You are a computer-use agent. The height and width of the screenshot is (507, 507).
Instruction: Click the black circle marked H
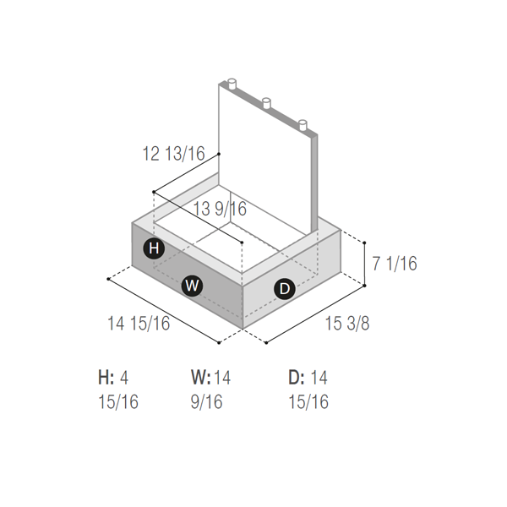(154, 248)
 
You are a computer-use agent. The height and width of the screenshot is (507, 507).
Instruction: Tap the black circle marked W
(192, 286)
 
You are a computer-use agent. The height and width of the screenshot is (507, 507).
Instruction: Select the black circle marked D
(285, 288)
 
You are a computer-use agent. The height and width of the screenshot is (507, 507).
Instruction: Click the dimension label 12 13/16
(173, 153)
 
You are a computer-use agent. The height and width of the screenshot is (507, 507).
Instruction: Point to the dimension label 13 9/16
(220, 209)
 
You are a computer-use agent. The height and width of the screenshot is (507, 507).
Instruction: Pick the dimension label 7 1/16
(395, 263)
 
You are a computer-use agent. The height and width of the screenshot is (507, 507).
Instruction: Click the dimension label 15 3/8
(347, 323)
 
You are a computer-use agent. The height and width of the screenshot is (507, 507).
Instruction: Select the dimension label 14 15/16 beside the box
(139, 323)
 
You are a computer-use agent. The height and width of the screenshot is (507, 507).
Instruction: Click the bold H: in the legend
(106, 378)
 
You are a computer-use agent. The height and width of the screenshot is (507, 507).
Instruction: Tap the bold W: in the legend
(201, 378)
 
